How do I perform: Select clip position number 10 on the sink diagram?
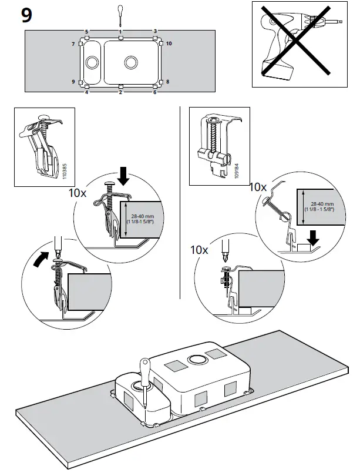point(169,44)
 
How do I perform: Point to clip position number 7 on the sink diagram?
point(74,45)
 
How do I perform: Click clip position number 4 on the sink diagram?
point(86,92)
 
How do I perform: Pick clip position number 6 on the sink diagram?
point(155,92)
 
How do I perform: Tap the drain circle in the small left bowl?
point(93,62)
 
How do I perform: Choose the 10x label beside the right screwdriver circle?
point(200,249)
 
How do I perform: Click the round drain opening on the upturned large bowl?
point(195,360)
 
